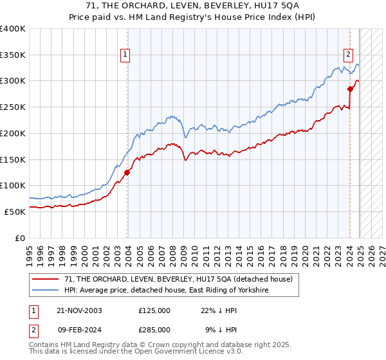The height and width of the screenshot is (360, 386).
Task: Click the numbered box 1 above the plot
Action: coord(124,55)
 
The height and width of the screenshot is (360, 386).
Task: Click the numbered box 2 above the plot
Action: coord(348,55)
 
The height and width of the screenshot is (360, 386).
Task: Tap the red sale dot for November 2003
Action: coord(127,172)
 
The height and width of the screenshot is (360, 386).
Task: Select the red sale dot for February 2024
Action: coord(351,89)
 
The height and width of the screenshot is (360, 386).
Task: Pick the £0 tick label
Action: coord(21,238)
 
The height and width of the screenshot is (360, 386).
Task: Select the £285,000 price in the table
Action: coord(154,330)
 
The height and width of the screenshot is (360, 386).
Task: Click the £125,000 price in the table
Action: coord(154,310)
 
